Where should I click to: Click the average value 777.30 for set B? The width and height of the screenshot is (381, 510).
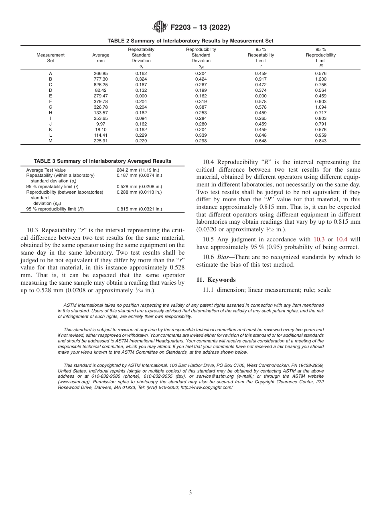pyautogui.click(x=101, y=79)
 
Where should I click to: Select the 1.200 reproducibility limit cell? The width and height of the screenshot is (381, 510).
pyautogui.click(x=320, y=79)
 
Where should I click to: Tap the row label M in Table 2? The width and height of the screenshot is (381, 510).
pyautogui.click(x=51, y=141)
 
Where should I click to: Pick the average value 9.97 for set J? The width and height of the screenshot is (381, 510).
pyautogui.click(x=101, y=124)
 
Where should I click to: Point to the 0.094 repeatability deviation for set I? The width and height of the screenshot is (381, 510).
pyautogui.click(x=141, y=118)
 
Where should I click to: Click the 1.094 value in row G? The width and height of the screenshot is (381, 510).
pyautogui.click(x=320, y=107)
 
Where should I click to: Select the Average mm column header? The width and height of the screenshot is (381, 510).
pyautogui.click(x=101, y=58)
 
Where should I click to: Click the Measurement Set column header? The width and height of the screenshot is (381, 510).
pyautogui.click(x=51, y=58)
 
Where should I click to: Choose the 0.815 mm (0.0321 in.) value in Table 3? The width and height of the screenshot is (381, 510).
pyautogui.click(x=139, y=209)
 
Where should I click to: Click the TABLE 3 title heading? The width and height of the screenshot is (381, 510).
pyautogui.click(x=102, y=161)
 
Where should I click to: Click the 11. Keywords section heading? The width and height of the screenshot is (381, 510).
pyautogui.click(x=216, y=280)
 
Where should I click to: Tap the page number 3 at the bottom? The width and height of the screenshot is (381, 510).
pyautogui.click(x=190, y=493)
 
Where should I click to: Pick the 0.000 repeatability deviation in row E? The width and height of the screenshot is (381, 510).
pyautogui.click(x=141, y=96)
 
